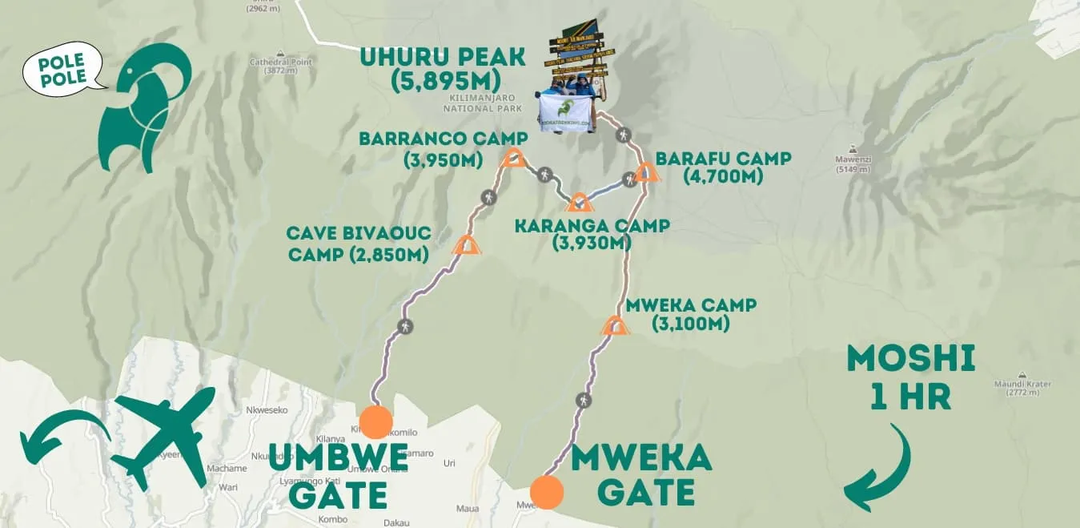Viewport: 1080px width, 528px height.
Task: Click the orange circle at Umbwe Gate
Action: (375, 421)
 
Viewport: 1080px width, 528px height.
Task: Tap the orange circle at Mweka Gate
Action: (545, 492)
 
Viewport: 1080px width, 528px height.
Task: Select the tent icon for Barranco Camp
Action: (512, 158)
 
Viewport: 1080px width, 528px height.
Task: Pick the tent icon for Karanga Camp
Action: (579, 202)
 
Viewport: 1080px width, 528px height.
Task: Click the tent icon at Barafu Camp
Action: (647, 172)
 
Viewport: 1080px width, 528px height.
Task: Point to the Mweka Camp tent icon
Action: (615, 325)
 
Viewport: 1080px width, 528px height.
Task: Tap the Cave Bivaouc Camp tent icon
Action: (466, 245)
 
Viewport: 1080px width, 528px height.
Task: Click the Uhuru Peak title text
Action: (442, 68)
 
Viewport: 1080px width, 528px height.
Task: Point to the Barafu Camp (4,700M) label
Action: (723, 167)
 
